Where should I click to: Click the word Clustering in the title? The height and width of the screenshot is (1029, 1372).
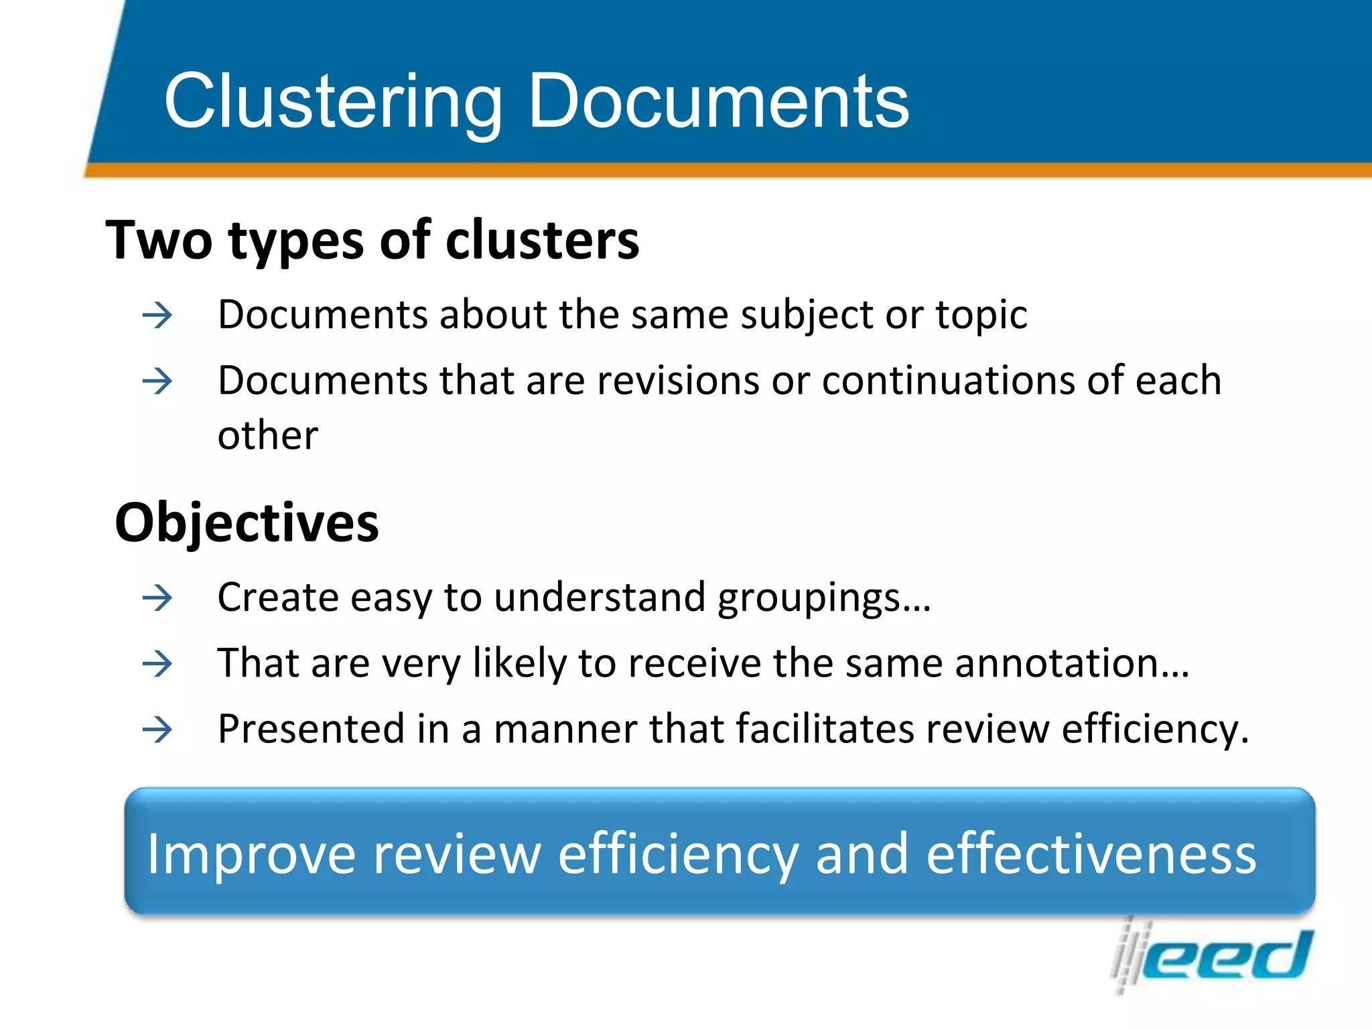coord(333,102)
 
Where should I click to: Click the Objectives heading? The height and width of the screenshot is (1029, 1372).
coord(247,523)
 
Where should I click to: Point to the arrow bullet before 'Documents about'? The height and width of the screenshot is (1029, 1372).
coord(157,315)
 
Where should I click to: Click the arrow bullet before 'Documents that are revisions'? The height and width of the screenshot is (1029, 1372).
coord(157,381)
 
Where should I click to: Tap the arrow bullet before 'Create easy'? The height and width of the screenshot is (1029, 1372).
coord(157,598)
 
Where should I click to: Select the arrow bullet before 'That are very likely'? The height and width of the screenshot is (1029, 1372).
coord(157,664)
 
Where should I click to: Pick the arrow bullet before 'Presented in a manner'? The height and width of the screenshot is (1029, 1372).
coord(157,729)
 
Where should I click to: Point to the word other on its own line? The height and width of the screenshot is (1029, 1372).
coord(268,435)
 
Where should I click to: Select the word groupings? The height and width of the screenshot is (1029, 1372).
coord(824,598)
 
